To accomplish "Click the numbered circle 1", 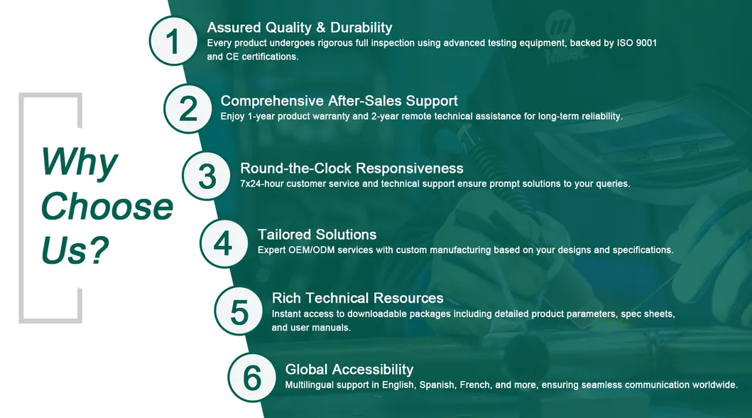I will click(173, 41).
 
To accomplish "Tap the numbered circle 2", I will click(188, 108).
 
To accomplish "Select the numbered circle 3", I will click(207, 176).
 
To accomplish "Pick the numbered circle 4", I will click(223, 243).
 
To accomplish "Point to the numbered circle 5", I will click(239, 311).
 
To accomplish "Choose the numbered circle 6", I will click(252, 377).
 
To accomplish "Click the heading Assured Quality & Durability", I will click(299, 28).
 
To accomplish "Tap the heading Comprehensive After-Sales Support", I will click(339, 101).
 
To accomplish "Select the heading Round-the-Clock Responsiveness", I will click(352, 168).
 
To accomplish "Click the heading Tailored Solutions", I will click(317, 235).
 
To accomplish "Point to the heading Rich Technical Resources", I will click(357, 298).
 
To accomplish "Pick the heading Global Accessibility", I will click(349, 370).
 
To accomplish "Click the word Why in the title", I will click(79, 163).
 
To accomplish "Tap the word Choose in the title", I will click(107, 206).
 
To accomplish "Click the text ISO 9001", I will click(636, 43).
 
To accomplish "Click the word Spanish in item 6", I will click(437, 385).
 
